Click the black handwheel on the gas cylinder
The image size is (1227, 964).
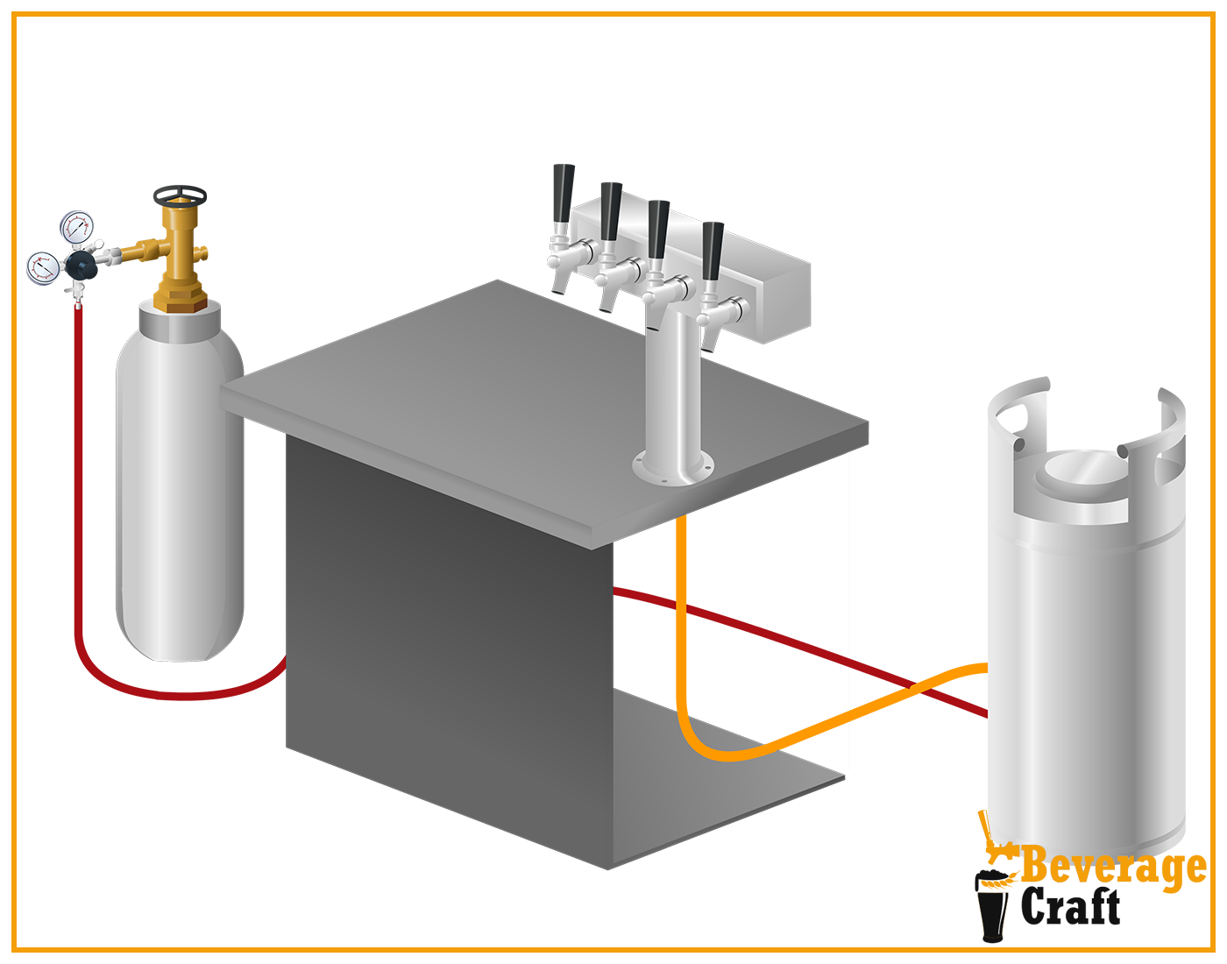pyautogui.click(x=180, y=194)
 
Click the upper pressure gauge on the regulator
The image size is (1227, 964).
pyautogui.click(x=77, y=228)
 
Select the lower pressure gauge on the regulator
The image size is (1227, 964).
pyautogui.click(x=43, y=268)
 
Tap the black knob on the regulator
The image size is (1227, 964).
pyautogui.click(x=81, y=263)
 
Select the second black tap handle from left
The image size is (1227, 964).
pyautogui.click(x=611, y=210)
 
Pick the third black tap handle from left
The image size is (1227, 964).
pyautogui.click(x=658, y=228)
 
